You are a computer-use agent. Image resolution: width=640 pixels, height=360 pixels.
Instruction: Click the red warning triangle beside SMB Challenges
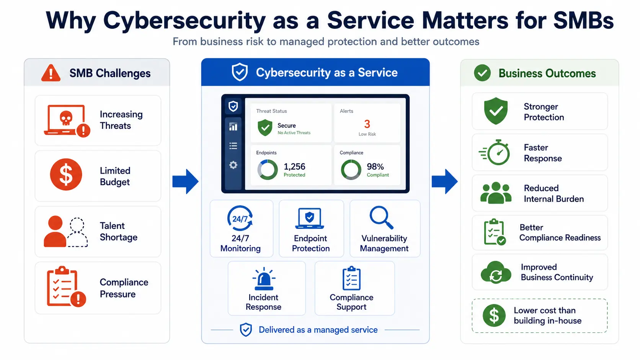pyautogui.click(x=51, y=73)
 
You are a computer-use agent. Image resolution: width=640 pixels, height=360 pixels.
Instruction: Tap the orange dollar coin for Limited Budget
pyautogui.click(x=66, y=174)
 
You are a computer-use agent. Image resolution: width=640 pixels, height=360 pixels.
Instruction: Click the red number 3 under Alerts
pyautogui.click(x=367, y=124)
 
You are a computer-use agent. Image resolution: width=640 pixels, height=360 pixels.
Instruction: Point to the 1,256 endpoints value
pyautogui.click(x=294, y=166)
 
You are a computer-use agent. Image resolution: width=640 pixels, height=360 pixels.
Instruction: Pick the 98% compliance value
pyautogui.click(x=375, y=166)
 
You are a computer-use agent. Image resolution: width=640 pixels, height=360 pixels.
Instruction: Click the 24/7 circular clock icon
pyautogui.click(x=240, y=218)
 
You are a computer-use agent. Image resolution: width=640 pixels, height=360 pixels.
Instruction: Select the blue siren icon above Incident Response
pyautogui.click(x=264, y=279)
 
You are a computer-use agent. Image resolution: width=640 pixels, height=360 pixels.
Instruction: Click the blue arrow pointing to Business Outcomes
pyautogui.click(x=444, y=182)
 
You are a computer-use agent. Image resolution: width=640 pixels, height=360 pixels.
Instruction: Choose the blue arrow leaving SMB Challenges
pyautogui.click(x=185, y=182)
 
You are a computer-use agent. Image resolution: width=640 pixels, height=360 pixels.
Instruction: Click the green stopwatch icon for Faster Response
pyautogui.click(x=495, y=152)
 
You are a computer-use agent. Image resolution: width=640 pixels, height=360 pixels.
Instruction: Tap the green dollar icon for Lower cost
pyautogui.click(x=494, y=316)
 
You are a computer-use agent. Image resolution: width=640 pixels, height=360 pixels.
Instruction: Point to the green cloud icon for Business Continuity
pyautogui.click(x=496, y=272)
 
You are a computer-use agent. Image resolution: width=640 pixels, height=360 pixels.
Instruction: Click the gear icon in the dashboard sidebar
pyautogui.click(x=233, y=165)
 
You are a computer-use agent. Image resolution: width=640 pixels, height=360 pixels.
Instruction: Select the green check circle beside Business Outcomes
pyautogui.click(x=482, y=73)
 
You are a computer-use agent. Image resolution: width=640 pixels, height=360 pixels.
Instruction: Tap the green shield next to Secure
pyautogui.click(x=265, y=128)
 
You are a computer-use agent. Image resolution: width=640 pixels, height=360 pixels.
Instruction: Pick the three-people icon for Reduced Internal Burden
pyautogui.click(x=496, y=193)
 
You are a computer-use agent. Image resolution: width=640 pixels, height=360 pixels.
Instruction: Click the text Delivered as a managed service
pyautogui.click(x=318, y=330)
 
